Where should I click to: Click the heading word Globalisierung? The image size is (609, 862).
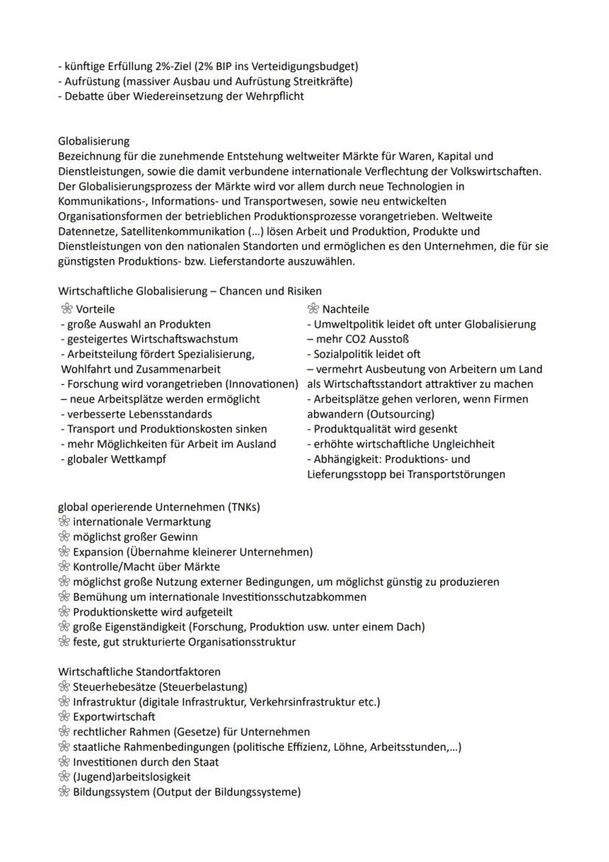(x=93, y=141)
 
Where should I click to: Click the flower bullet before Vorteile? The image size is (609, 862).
(x=65, y=309)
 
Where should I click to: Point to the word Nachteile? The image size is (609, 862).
(x=346, y=309)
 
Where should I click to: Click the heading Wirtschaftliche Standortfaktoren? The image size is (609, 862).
(x=139, y=671)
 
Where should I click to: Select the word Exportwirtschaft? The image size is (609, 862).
(x=114, y=716)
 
